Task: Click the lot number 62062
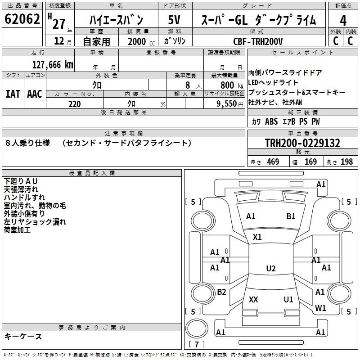[22, 19]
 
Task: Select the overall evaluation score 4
[343, 20]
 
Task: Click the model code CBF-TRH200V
[258, 41]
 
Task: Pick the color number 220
[74, 104]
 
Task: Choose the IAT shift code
[13, 94]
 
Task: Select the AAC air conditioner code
[35, 94]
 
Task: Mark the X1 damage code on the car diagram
[257, 237]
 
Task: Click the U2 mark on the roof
[270, 269]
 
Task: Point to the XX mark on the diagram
[253, 300]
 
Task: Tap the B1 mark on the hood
[291, 216]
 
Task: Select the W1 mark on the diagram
[320, 308]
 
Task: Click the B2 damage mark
[221, 292]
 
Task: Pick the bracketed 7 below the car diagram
[196, 344]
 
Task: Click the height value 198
[346, 162]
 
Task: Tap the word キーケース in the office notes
[23, 336]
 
